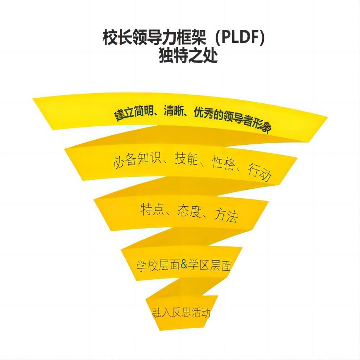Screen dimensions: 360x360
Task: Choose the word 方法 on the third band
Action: point(226,216)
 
